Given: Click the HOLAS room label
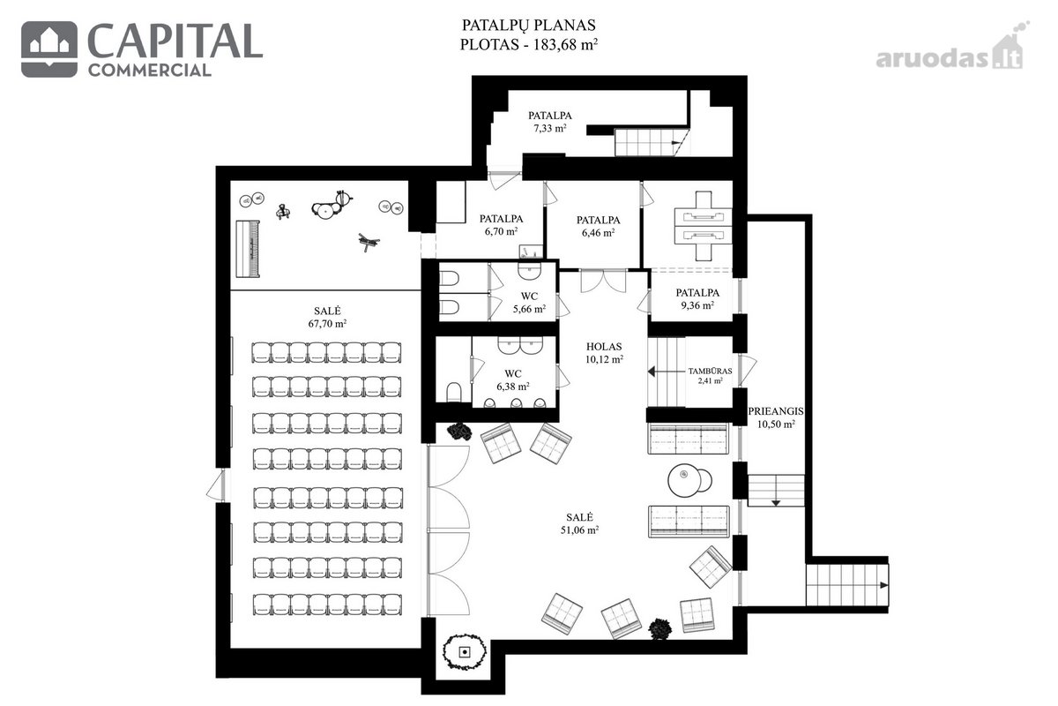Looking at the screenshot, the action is pyautogui.click(x=604, y=347).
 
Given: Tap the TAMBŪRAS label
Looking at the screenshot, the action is pyautogui.click(x=710, y=372).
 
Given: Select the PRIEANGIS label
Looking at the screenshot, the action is pyautogui.click(x=776, y=411).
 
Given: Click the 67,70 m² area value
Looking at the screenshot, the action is pyautogui.click(x=327, y=324).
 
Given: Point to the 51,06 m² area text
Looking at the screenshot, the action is pyautogui.click(x=579, y=530).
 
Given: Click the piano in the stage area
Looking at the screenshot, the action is pyautogui.click(x=248, y=248).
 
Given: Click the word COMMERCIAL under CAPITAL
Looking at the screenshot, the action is pyautogui.click(x=149, y=71).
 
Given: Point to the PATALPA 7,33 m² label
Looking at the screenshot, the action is pyautogui.click(x=550, y=122).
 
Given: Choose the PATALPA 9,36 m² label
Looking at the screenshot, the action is pyautogui.click(x=697, y=299).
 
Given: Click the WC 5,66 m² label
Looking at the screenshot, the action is pyautogui.click(x=530, y=303).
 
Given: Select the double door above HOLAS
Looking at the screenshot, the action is pyautogui.click(x=603, y=282).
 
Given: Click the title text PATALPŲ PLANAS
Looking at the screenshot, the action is pyautogui.click(x=528, y=25).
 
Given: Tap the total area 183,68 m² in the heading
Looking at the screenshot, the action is pyautogui.click(x=565, y=44).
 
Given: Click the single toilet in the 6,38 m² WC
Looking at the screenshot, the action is pyautogui.click(x=453, y=392).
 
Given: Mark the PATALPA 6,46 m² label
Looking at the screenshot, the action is pyautogui.click(x=599, y=226).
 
